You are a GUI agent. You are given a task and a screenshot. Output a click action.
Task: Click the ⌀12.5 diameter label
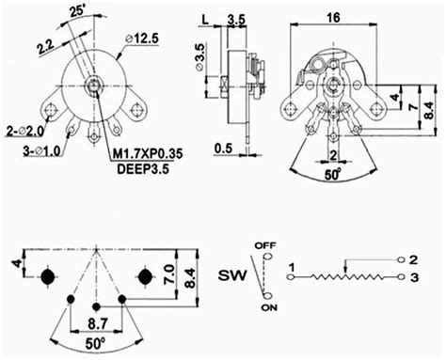[x=142, y=39]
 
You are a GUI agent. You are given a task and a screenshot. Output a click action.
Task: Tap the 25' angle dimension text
[x=78, y=10]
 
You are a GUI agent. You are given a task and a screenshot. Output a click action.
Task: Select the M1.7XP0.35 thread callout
[x=148, y=153]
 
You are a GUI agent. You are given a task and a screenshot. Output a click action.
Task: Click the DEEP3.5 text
[x=143, y=169]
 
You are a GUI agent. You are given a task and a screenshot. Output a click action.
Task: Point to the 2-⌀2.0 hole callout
[x=25, y=132]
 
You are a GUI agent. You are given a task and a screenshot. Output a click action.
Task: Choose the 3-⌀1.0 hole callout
[x=41, y=151]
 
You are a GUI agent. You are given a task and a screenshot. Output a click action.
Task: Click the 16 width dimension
[x=333, y=17]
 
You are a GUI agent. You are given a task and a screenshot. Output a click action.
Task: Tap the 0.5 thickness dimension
[x=223, y=148]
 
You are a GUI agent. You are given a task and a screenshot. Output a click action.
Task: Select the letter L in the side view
[x=205, y=20]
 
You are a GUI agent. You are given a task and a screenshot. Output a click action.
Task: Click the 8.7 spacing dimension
[x=98, y=323]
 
